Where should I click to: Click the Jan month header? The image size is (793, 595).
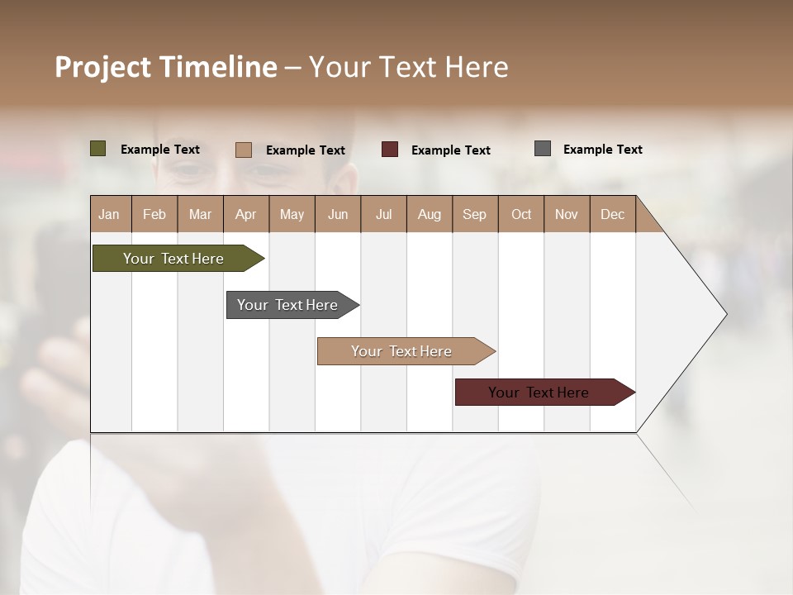pyautogui.click(x=109, y=214)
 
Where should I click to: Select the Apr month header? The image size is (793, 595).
pyautogui.click(x=245, y=214)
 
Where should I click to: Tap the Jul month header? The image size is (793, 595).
pyautogui.click(x=383, y=214)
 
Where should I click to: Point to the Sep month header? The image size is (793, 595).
pyautogui.click(x=474, y=214)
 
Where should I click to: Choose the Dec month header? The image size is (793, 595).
pyautogui.click(x=612, y=214)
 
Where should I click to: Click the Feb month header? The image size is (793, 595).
pyautogui.click(x=154, y=214)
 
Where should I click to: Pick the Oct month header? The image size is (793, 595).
pyautogui.click(x=521, y=214)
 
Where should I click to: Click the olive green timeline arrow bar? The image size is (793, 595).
pyautogui.click(x=173, y=259)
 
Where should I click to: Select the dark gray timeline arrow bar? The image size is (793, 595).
pyautogui.click(x=287, y=305)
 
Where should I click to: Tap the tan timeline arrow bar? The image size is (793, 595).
pyautogui.click(x=401, y=351)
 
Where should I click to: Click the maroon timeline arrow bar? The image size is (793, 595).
pyautogui.click(x=539, y=393)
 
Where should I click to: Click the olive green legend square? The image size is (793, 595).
pyautogui.click(x=97, y=149)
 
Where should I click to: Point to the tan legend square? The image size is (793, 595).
pyautogui.click(x=243, y=150)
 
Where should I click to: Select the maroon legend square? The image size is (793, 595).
pyautogui.click(x=390, y=150)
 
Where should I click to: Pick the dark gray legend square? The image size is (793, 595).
pyautogui.click(x=543, y=149)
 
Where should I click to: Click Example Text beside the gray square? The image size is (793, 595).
pyautogui.click(x=602, y=150)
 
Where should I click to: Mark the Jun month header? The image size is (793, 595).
pyautogui.click(x=338, y=214)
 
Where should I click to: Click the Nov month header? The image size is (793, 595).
pyautogui.click(x=567, y=214)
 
